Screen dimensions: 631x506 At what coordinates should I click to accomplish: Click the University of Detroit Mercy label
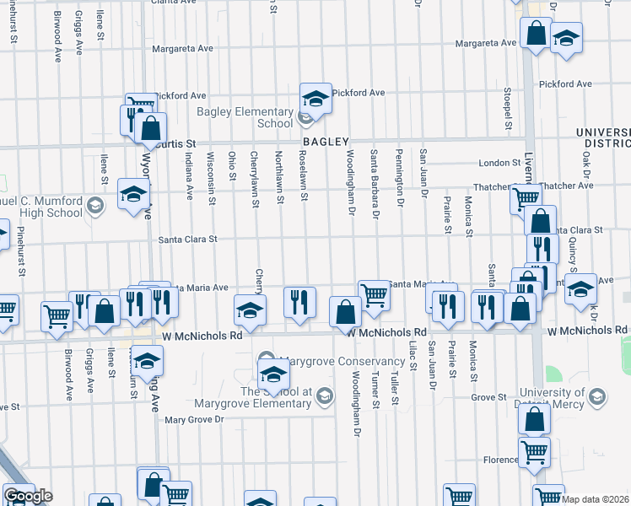coord(564,398)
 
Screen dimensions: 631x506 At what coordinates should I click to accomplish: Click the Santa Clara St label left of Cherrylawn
coord(188,240)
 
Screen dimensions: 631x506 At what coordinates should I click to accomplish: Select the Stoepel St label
coord(508,109)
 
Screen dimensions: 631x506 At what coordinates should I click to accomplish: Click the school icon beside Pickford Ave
coord(315,98)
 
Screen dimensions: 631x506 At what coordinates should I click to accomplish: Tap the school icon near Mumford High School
coord(133,194)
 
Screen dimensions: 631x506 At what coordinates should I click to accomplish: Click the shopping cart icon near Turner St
coord(374,295)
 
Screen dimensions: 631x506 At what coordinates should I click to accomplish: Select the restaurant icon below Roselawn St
coord(299,302)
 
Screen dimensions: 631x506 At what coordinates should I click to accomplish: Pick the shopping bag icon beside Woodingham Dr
coord(345,312)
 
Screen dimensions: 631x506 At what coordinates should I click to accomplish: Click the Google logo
coord(28,496)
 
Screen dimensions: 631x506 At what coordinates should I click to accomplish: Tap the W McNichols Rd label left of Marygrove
coord(210,335)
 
